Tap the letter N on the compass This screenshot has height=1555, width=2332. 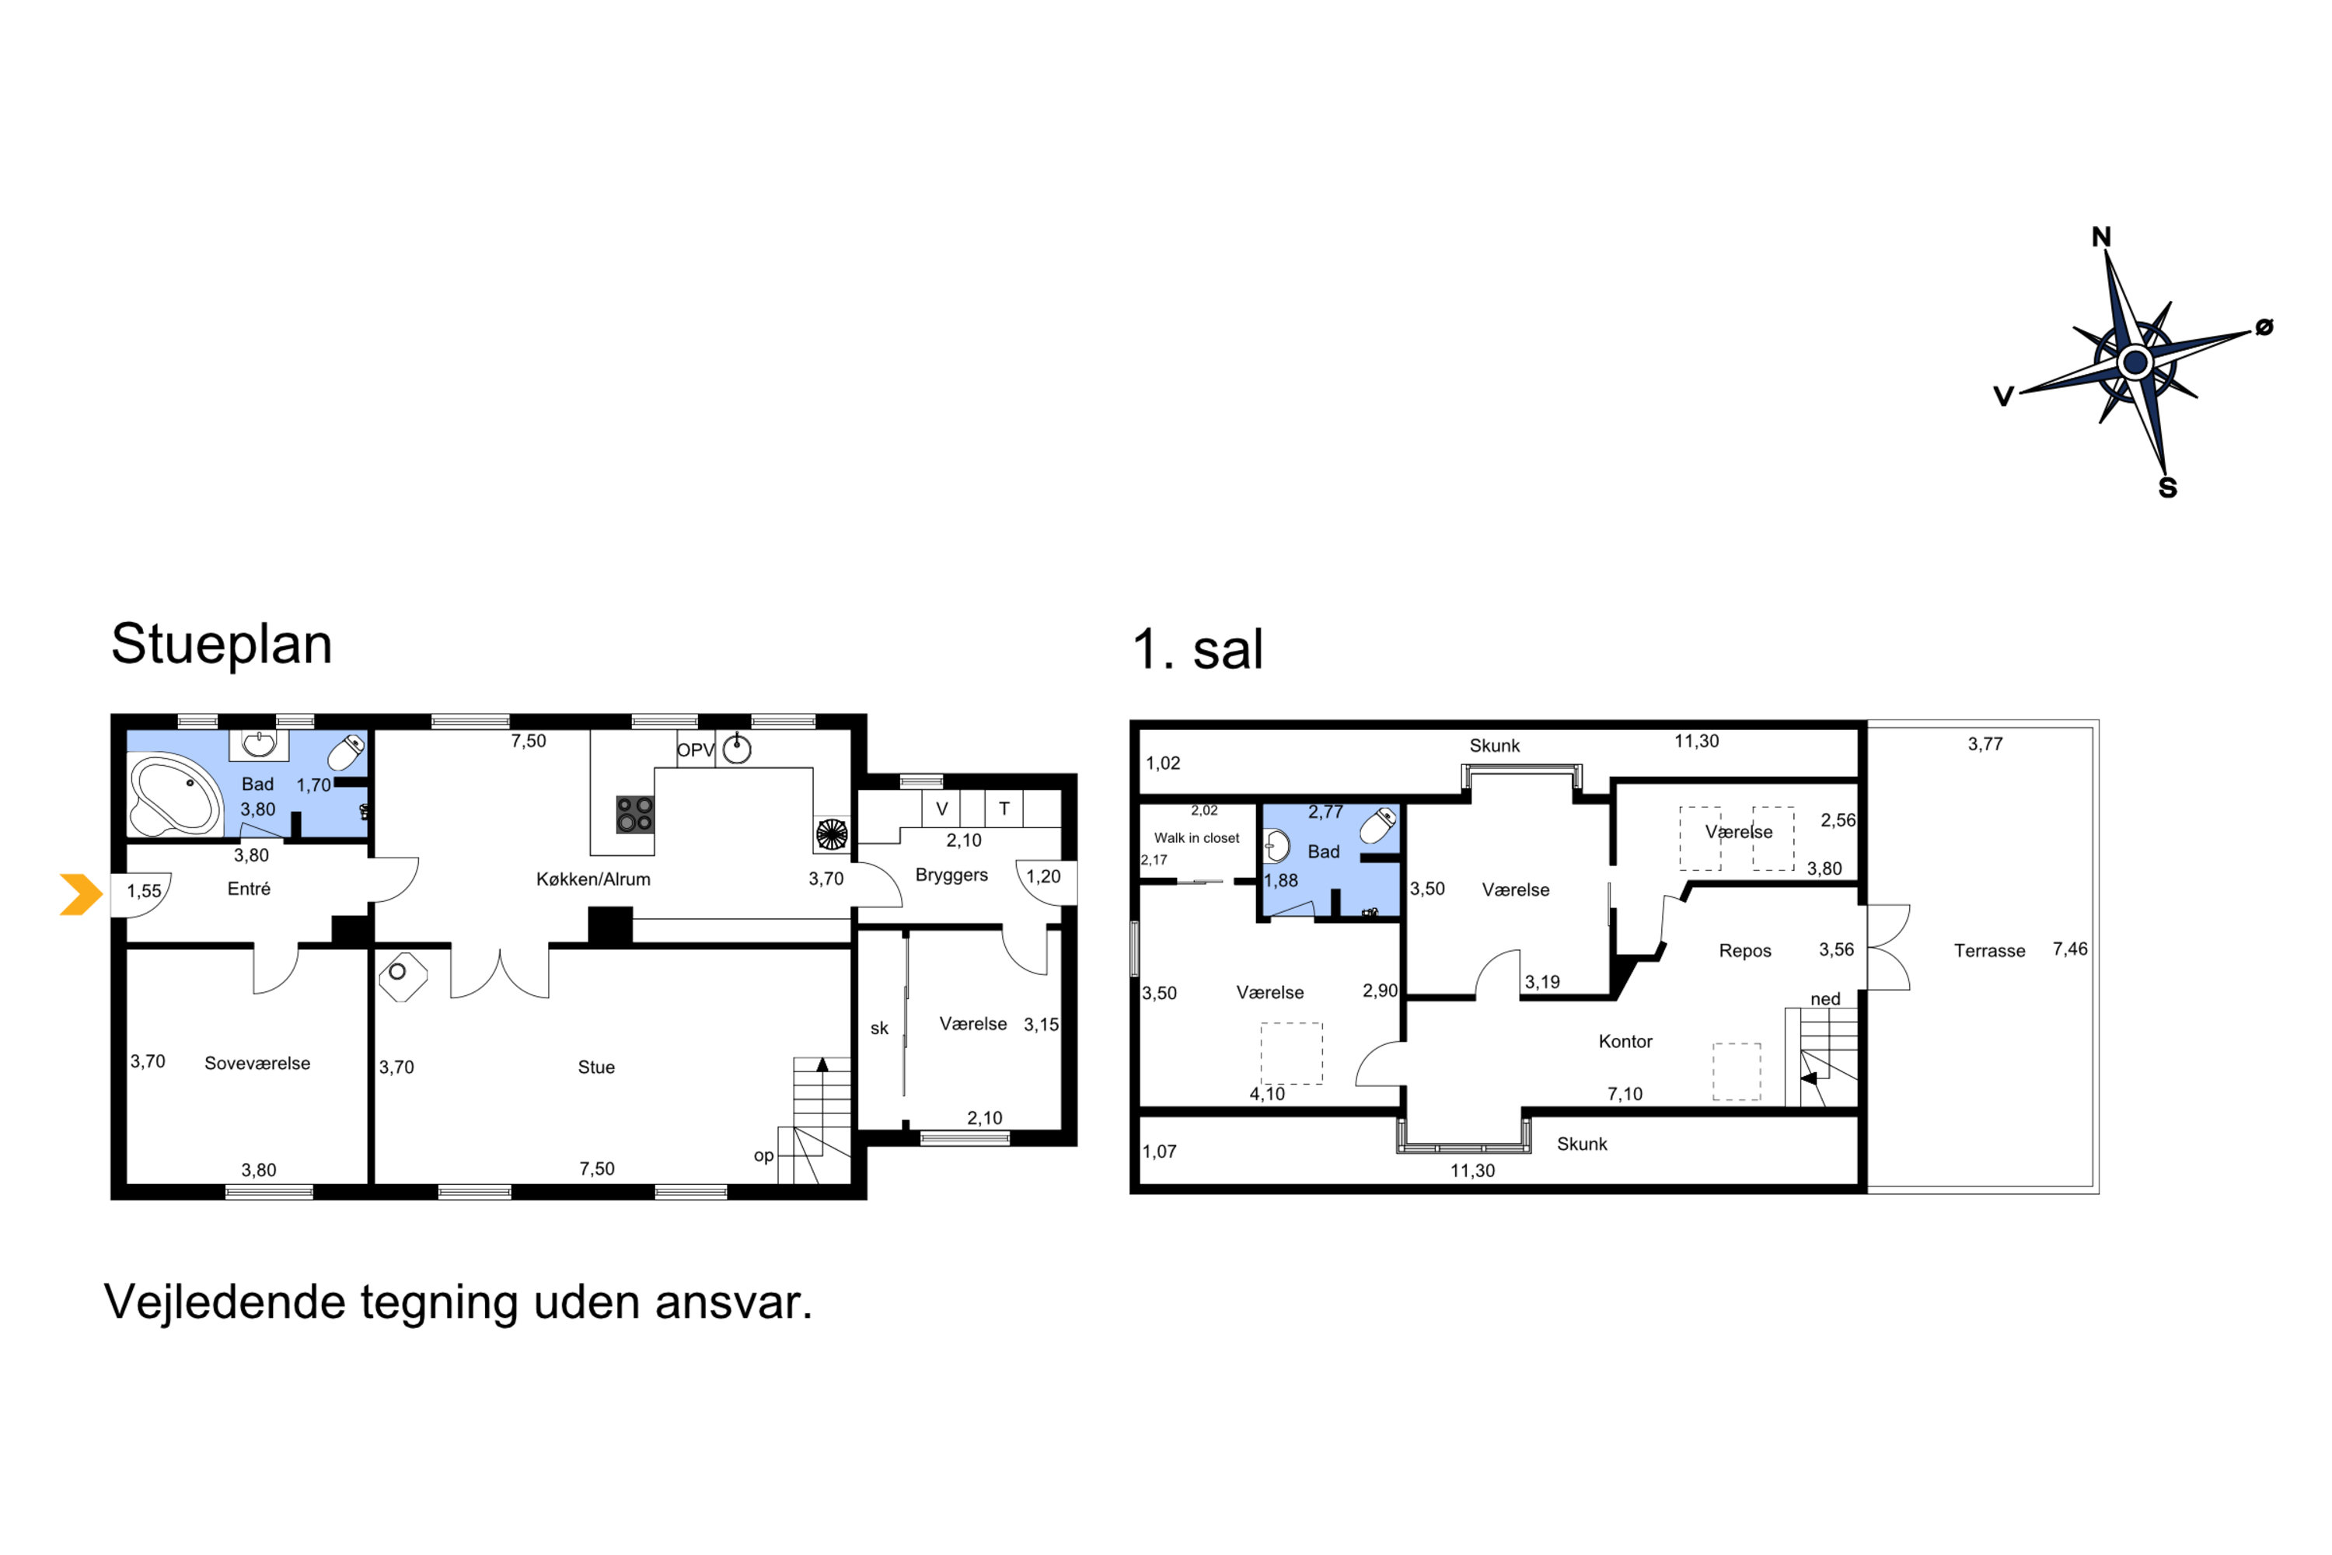2101,237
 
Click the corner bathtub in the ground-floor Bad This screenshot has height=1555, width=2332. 174,795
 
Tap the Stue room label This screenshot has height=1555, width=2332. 596,1067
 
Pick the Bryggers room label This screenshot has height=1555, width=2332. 951,875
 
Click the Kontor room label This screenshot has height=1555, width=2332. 1625,1041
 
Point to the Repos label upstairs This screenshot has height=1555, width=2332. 1745,951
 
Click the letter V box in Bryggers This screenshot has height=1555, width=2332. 942,809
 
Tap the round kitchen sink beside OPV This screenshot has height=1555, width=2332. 737,750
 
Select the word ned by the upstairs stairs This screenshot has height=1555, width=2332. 1825,998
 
